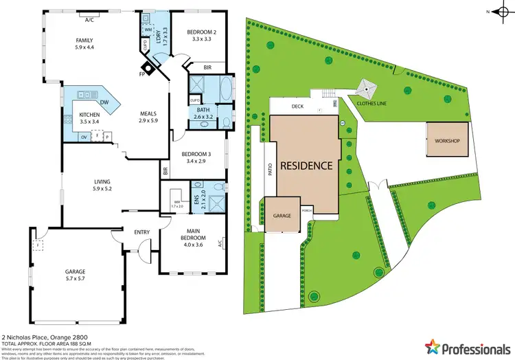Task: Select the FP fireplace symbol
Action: tap(142, 74)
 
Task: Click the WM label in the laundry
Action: tap(148, 30)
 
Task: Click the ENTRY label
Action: tap(142, 232)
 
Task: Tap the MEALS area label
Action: tap(149, 114)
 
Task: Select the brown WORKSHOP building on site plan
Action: tap(446, 141)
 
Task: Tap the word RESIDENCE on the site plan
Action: tap(306, 166)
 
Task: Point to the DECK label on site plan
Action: tap(297, 106)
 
